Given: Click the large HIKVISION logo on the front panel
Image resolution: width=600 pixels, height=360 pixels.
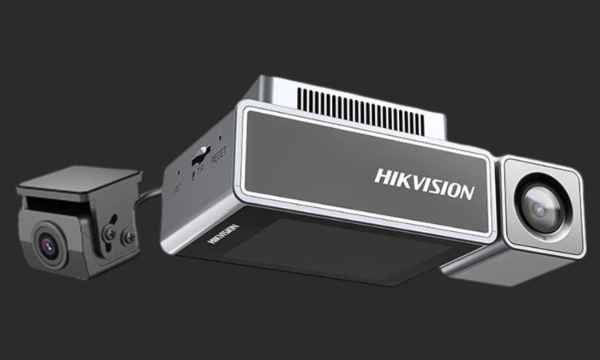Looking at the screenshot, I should pos(424,183).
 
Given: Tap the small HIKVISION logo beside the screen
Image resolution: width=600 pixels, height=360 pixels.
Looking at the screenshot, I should pos(223,234).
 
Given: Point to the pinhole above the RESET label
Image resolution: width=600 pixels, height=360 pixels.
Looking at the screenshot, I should pos(220,137).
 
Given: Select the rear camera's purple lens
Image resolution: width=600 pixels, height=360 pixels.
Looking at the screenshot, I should pos(48,246).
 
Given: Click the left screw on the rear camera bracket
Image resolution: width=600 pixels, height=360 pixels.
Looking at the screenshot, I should pos(110,233).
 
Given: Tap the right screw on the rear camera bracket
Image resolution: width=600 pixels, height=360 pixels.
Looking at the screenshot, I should pos(128,237).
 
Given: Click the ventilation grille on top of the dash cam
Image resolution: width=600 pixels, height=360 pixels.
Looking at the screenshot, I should pos(360,110).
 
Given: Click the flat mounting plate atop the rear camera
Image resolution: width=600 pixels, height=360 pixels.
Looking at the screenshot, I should pos(78,180).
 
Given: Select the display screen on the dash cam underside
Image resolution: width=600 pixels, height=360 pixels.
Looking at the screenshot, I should pos(332,252).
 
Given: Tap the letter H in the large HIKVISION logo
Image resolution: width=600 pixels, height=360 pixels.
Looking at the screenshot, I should pos(381,176).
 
